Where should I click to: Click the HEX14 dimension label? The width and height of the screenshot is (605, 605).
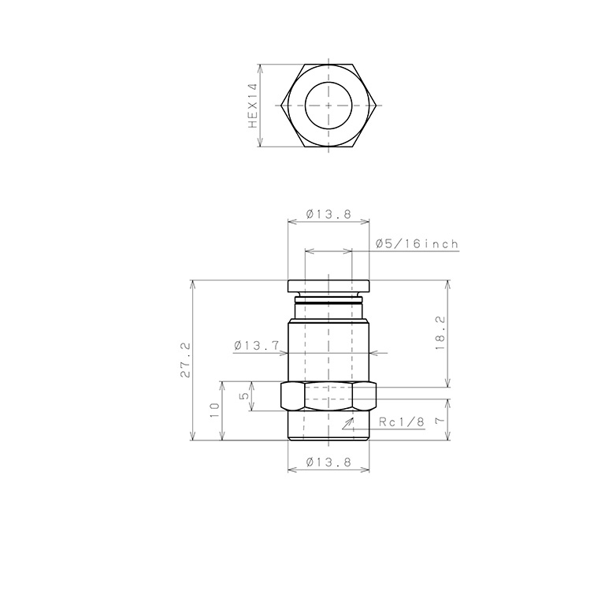coord(253,106)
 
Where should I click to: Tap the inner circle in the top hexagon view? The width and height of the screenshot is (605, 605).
coord(305,105)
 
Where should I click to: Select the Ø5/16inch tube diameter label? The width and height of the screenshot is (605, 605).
coord(417,244)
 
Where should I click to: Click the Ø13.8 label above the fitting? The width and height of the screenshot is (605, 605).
coord(328,213)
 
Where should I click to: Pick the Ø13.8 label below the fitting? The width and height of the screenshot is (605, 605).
coord(328,462)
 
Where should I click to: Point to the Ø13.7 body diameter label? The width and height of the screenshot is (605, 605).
coord(256,345)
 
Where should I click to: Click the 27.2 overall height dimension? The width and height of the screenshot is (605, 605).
coord(186,359)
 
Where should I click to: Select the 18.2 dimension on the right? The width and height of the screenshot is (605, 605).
coord(440,333)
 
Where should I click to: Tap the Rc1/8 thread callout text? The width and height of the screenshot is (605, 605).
coord(402,421)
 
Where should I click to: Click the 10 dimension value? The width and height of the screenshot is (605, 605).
coord(214,410)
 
